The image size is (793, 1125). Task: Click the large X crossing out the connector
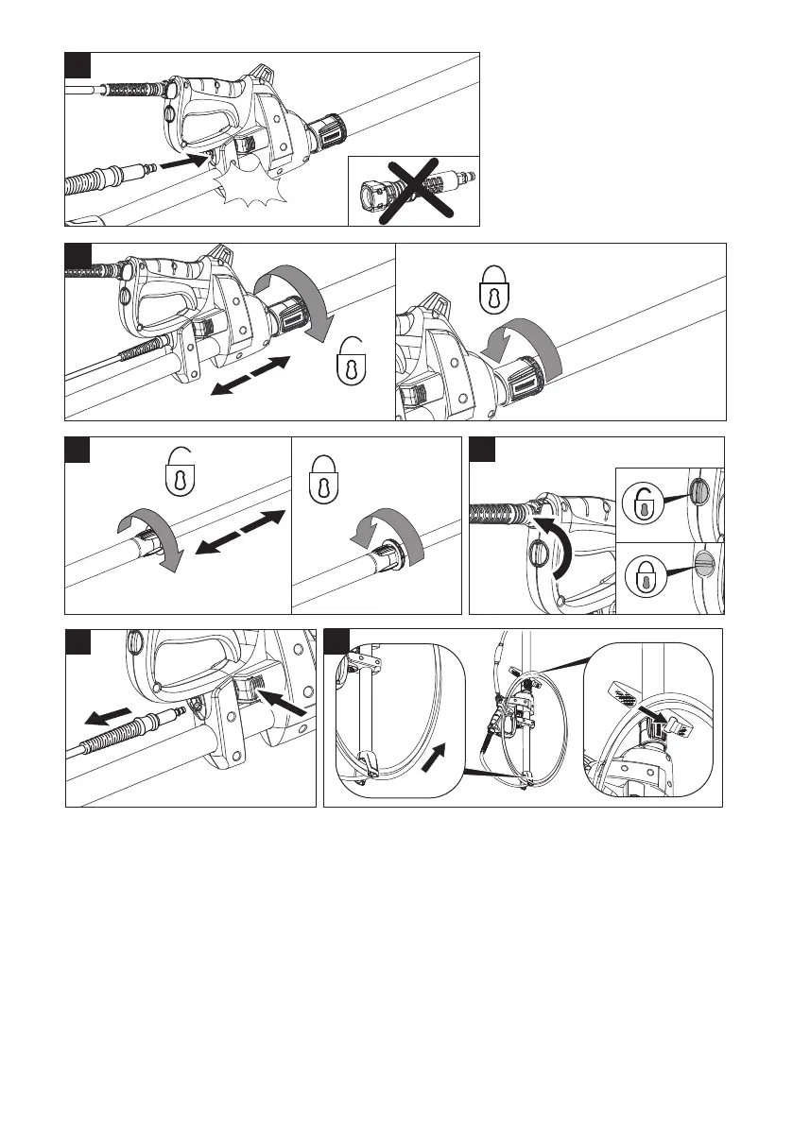(412, 190)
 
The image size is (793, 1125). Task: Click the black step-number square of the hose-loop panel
(337, 641)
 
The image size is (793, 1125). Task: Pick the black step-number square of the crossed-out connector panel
(78, 65)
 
